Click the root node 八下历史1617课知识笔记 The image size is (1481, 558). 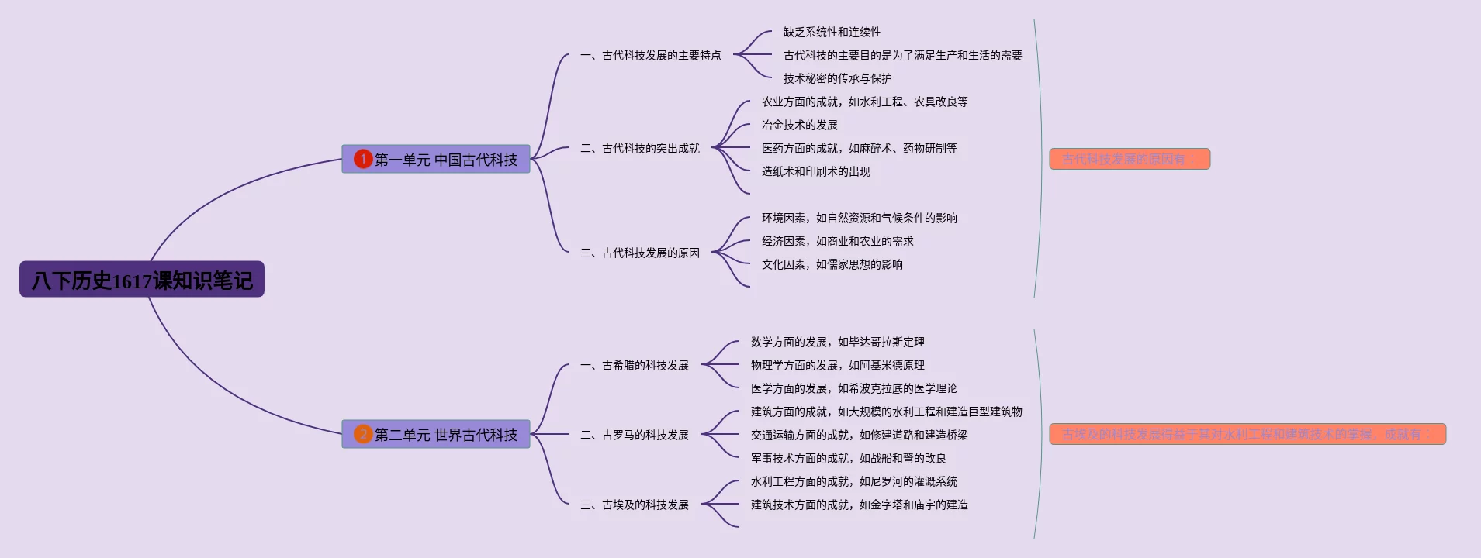(x=142, y=280)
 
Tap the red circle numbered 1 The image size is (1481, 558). (x=363, y=159)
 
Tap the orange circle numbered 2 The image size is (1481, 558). (x=363, y=434)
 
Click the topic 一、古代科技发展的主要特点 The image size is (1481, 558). (x=651, y=55)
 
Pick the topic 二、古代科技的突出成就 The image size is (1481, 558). (x=640, y=148)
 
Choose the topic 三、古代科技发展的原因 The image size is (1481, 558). (x=640, y=253)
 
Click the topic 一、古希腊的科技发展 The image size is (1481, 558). (x=635, y=365)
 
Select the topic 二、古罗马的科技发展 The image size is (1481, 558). (x=635, y=435)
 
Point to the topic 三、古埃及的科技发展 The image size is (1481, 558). (x=635, y=505)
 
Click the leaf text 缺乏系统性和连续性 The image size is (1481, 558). (x=832, y=32)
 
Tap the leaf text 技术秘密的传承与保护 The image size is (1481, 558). (x=837, y=78)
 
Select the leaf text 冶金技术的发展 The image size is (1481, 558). (x=799, y=125)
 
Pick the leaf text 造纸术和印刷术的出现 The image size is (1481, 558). (x=815, y=171)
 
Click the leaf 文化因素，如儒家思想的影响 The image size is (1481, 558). (x=832, y=264)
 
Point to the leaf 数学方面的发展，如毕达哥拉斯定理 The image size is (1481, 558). (x=837, y=342)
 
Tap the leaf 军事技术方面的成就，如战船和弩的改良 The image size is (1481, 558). (x=848, y=458)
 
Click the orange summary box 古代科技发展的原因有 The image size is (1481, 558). (x=1129, y=159)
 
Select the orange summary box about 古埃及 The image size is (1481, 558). (x=1247, y=434)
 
